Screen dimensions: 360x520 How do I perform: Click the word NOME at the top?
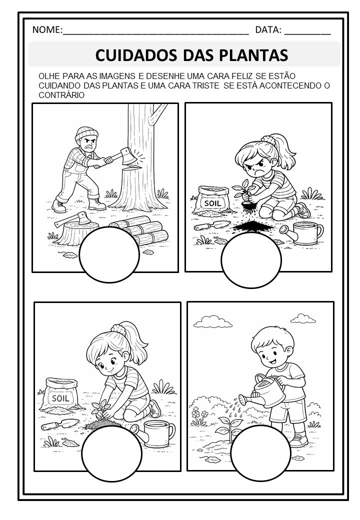[x=46, y=29]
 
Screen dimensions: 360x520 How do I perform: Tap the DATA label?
[x=268, y=30]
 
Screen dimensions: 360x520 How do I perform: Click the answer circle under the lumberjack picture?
[x=109, y=254]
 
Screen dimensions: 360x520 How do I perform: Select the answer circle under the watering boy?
[x=260, y=453]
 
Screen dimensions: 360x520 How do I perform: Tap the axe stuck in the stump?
[x=72, y=218]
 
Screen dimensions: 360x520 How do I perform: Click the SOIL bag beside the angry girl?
[x=213, y=200]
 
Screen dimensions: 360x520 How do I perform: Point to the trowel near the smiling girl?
[x=60, y=424]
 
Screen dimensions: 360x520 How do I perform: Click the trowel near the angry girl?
[x=212, y=225]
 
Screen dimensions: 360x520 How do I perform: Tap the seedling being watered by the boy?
[x=228, y=428]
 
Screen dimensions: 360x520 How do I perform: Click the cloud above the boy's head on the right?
[x=303, y=318]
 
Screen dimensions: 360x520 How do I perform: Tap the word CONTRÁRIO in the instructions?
[x=61, y=95]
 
